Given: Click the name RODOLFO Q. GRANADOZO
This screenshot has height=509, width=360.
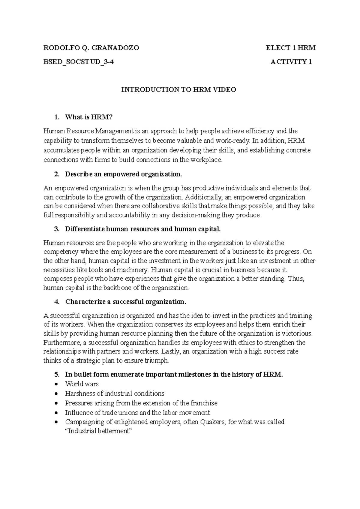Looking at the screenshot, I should [x=91, y=48].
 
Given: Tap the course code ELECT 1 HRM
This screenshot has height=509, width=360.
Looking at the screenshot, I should [x=290, y=48].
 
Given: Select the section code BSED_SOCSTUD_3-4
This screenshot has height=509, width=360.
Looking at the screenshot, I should [x=79, y=62].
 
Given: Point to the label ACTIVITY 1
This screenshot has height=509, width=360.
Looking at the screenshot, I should [x=291, y=62].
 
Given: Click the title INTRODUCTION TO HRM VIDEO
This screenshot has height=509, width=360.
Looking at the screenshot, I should [x=178, y=90].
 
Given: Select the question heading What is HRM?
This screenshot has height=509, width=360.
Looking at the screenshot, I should [x=88, y=117].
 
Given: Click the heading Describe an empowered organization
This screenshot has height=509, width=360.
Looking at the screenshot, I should [x=123, y=174].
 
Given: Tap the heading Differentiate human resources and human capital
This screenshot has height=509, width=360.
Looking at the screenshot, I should [x=143, y=229].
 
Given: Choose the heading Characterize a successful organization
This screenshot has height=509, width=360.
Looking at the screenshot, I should [x=126, y=302].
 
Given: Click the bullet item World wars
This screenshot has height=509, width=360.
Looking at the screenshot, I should [x=82, y=384].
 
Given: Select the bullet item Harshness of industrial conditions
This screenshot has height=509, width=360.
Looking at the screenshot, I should [x=115, y=393].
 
